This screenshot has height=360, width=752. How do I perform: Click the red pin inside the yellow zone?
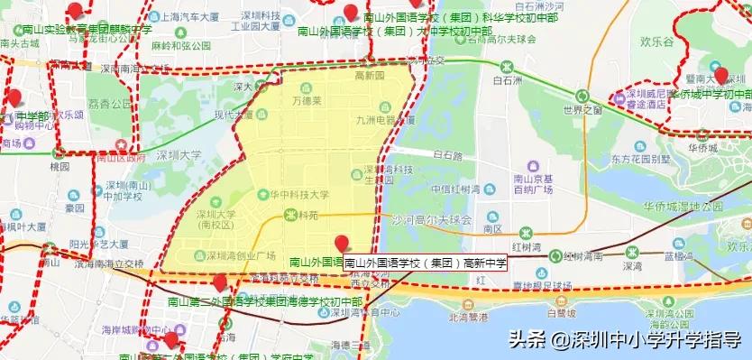(x=341, y=242)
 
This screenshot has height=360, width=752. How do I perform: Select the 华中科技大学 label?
(x=294, y=194)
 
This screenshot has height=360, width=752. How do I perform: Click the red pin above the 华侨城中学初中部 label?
(x=720, y=74)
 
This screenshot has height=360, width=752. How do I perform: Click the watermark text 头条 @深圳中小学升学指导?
(x=625, y=339)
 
